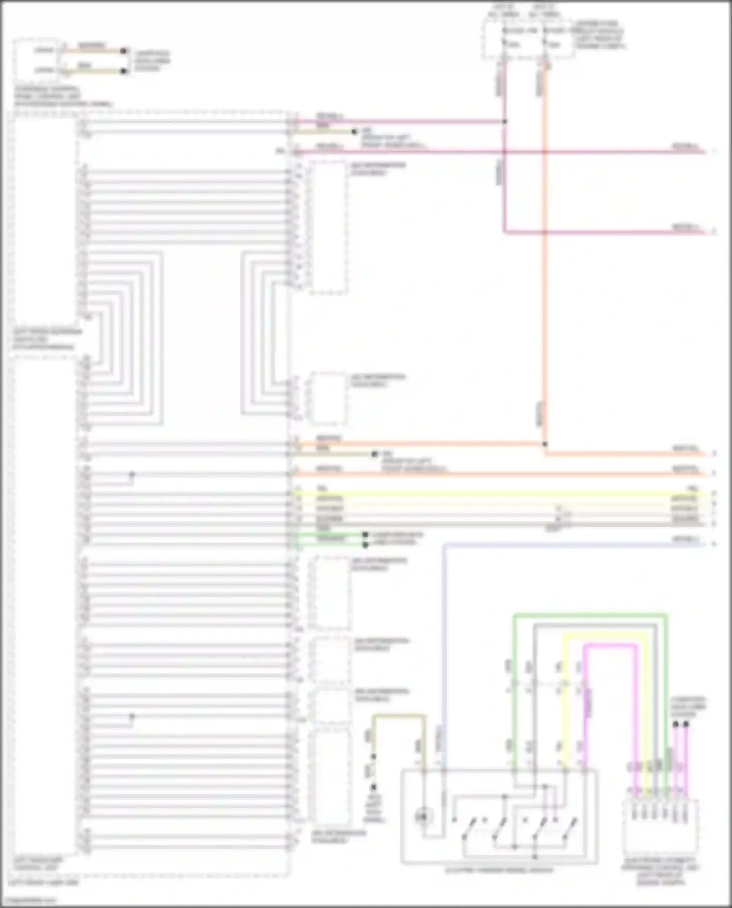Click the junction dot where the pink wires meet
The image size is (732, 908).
[x=505, y=121]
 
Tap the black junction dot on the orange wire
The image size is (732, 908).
[x=545, y=444]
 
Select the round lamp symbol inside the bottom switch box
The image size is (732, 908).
[x=423, y=816]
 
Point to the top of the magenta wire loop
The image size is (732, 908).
[x=610, y=646]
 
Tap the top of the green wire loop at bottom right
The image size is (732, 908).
[x=590, y=616]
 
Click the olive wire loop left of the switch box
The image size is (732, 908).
[x=399, y=716]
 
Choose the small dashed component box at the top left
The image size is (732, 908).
[x=37, y=61]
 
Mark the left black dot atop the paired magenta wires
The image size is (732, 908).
[x=675, y=724]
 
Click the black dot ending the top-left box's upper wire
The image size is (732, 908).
[x=124, y=51]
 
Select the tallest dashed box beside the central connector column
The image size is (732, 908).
[x=328, y=227]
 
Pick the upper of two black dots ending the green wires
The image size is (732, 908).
[x=365, y=535]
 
